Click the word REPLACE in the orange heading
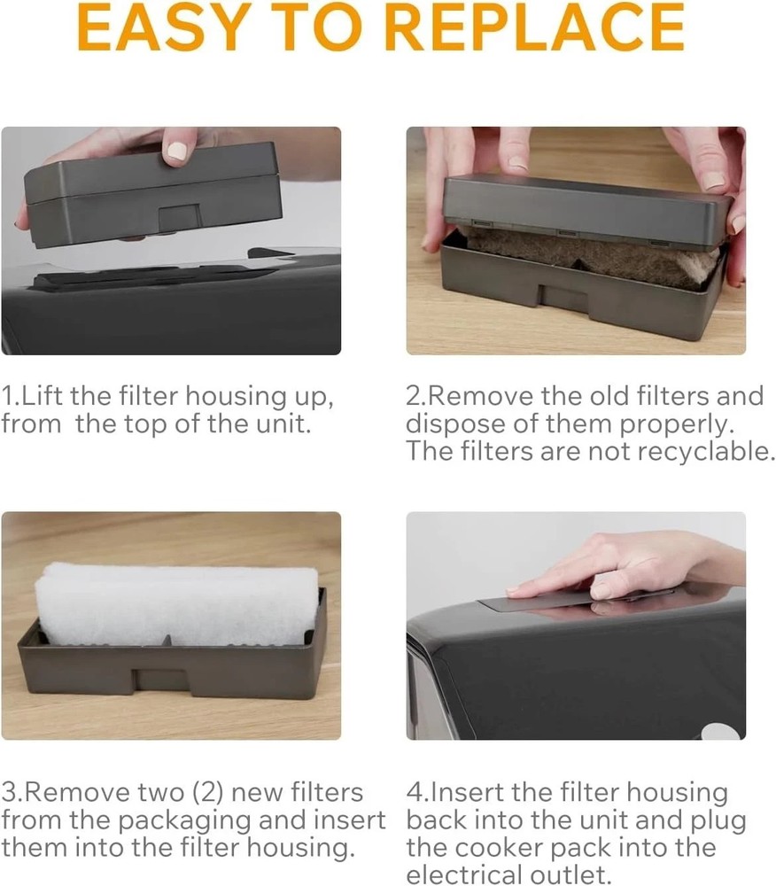tap(535, 27)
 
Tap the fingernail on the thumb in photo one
tap(177, 151)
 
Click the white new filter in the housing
tap(176, 603)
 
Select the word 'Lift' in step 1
tap(42, 395)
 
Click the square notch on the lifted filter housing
tap(181, 219)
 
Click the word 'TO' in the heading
tap(317, 27)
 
